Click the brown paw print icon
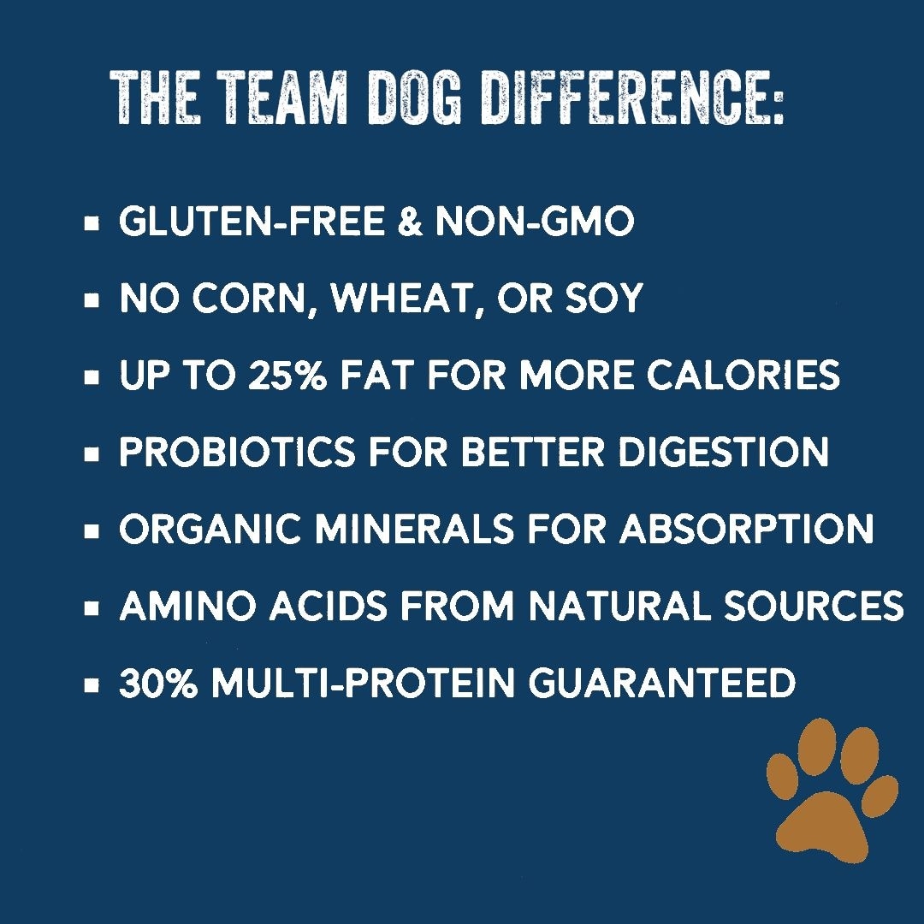coord(832,790)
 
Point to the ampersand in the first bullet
coord(410,221)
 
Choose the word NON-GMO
coord(535,221)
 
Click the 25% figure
coord(287,375)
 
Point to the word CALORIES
coord(743,375)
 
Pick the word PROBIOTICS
coord(238,452)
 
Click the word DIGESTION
coord(724,452)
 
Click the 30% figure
coord(158,683)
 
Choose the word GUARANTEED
coord(661,683)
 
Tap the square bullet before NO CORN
coord(92,300)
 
